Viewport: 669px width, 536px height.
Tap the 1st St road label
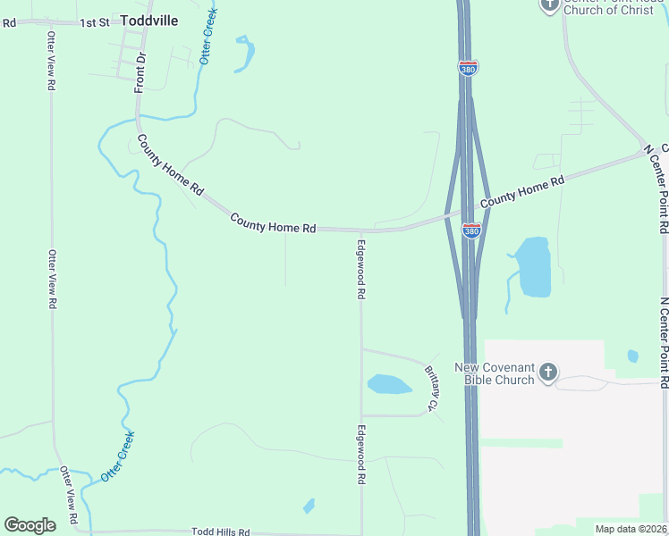[x=93, y=21]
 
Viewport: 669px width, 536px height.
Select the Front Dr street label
[x=140, y=72]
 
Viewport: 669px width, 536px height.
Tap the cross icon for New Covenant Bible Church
[x=549, y=372]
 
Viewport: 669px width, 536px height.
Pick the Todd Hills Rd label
[x=220, y=532]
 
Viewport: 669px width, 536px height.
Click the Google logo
[x=30, y=525]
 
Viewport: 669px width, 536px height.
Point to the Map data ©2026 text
[x=631, y=529]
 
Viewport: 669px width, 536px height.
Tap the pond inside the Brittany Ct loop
[x=388, y=384]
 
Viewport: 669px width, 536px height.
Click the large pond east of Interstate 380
[x=534, y=266]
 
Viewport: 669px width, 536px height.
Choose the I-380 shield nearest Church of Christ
[x=467, y=68]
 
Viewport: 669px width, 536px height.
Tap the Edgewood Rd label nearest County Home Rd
[x=361, y=268]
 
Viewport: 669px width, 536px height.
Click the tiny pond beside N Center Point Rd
[x=633, y=356]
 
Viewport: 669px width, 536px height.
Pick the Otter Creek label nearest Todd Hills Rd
[x=117, y=456]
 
